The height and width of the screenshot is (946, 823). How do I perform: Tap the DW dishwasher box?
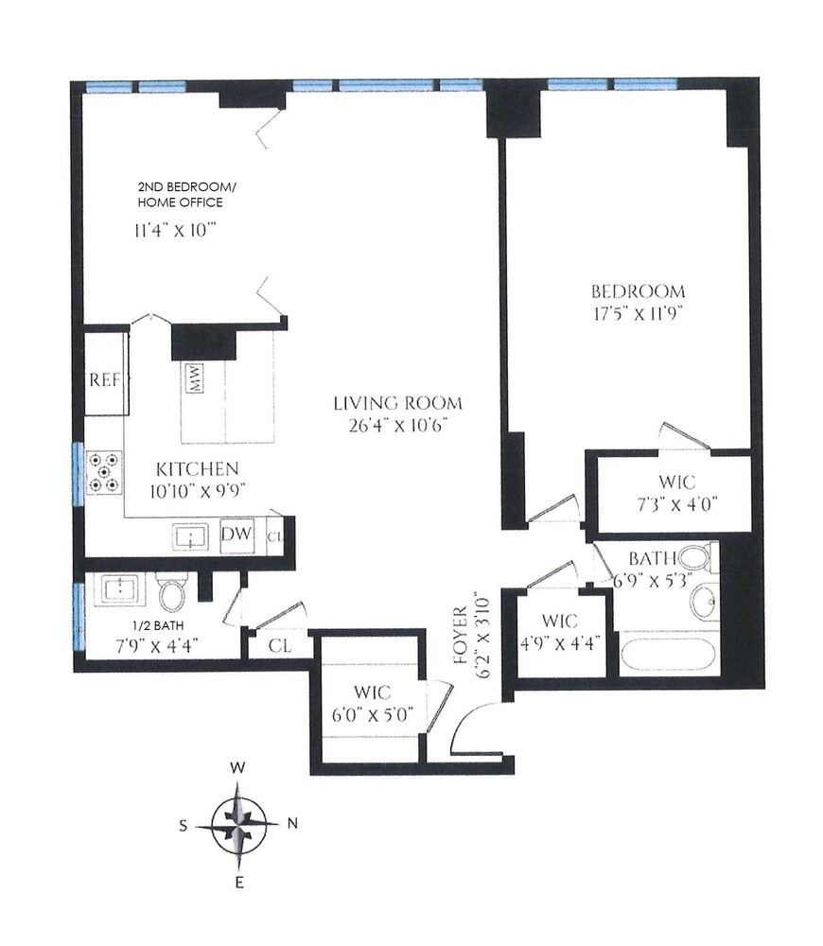click(236, 534)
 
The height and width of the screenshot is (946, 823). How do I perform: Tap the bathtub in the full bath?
click(665, 656)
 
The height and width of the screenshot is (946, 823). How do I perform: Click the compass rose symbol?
click(241, 823)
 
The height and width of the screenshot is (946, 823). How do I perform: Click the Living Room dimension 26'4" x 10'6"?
click(396, 425)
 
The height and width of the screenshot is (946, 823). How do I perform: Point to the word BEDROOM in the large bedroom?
click(639, 291)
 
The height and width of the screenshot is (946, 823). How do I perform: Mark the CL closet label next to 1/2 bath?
click(278, 646)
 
